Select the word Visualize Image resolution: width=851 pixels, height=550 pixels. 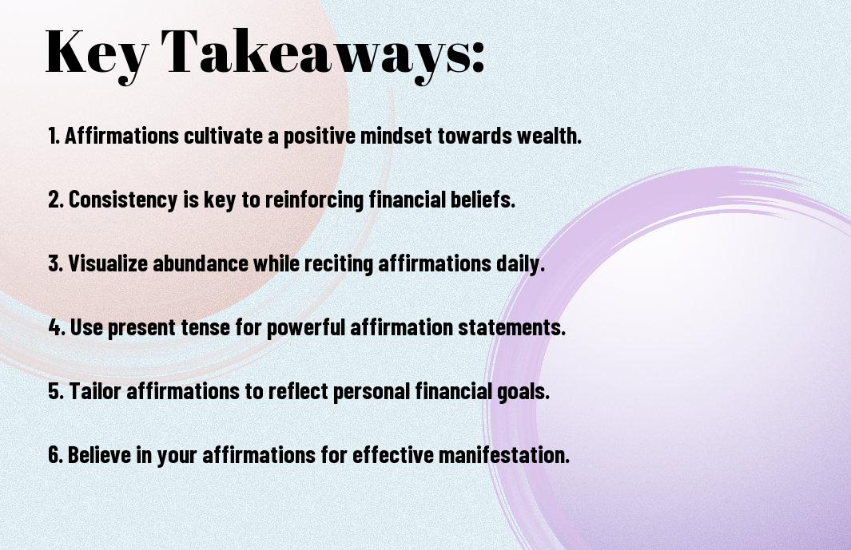point(108,263)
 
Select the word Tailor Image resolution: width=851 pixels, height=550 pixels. point(95,390)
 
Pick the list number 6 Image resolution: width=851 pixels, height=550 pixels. point(55,454)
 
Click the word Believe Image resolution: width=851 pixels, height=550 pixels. point(100,454)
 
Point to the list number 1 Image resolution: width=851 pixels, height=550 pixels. point(54,136)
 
